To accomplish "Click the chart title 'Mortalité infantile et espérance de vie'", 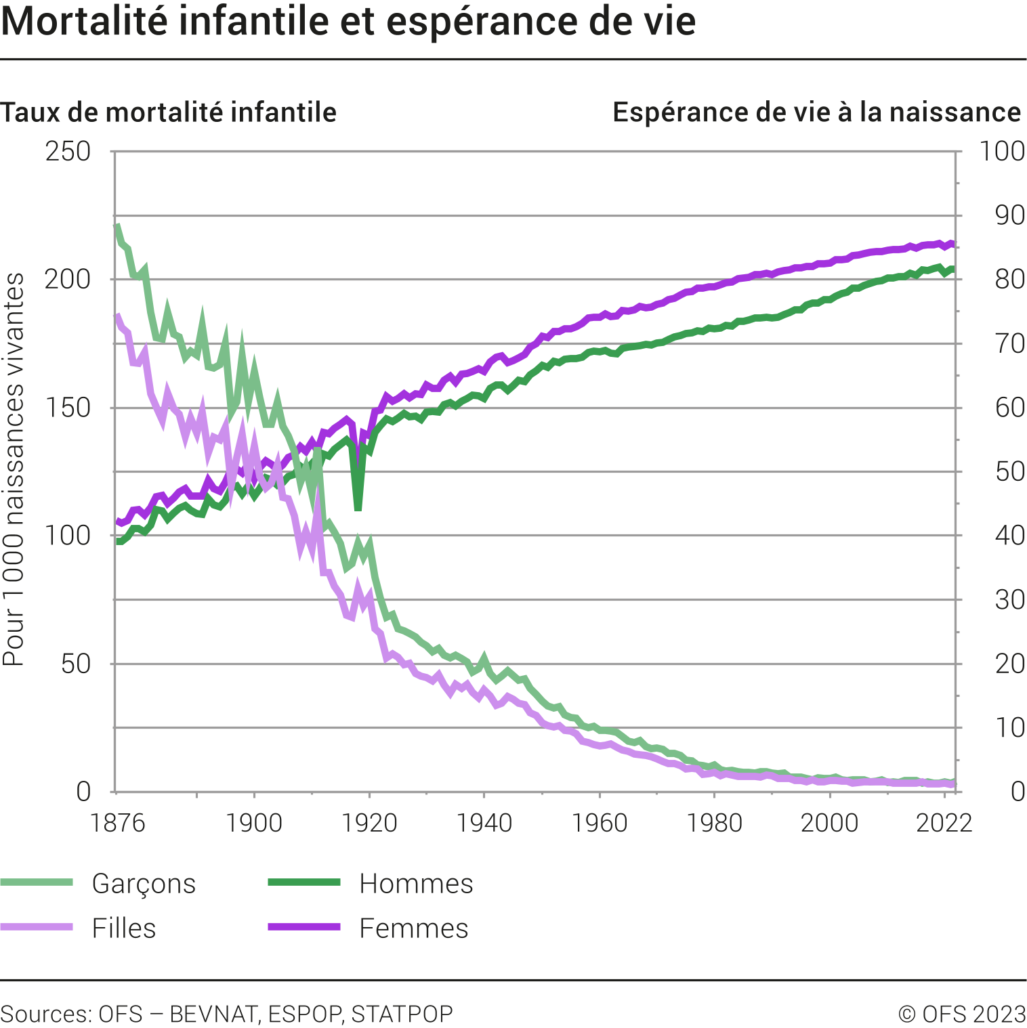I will (348, 22).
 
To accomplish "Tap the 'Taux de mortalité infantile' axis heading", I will (168, 112).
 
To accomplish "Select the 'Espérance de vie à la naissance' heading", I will (816, 112).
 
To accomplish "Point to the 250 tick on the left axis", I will (68, 151).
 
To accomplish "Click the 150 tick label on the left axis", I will (68, 408).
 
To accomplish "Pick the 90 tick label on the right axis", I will (1009, 215).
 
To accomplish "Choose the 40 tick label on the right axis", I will (1009, 536).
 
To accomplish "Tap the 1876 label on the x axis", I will (118, 823).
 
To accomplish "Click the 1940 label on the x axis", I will (484, 823).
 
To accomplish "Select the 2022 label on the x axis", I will (944, 823).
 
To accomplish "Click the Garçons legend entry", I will (144, 884).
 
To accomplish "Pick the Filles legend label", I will (124, 928).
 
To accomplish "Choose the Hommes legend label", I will (416, 884).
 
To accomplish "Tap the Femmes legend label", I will (413, 928).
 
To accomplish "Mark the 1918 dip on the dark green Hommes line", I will (358, 508).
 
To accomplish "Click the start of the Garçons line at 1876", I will (118, 226).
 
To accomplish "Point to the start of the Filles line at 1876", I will (118, 316).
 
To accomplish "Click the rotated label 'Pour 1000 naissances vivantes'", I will (14, 469).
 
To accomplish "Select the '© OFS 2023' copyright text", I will (962, 1014).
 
